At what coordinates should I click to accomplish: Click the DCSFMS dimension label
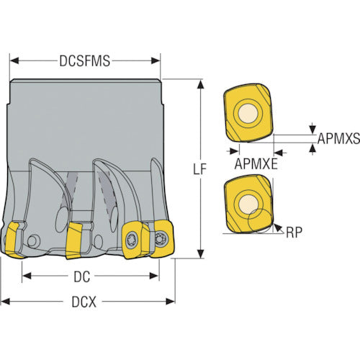tap(85, 61)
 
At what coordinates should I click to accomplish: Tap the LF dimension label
tap(199, 169)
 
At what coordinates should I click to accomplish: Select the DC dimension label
tap(82, 276)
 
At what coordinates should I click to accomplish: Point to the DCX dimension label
tap(84, 302)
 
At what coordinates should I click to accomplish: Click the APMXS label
tap(338, 138)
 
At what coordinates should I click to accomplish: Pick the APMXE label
tap(256, 164)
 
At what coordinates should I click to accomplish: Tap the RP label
tap(294, 232)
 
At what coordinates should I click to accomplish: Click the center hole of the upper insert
tap(248, 113)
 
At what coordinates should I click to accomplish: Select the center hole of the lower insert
tap(248, 204)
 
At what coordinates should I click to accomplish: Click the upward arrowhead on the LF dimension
tap(200, 85)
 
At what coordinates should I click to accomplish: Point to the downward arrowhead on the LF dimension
tap(200, 254)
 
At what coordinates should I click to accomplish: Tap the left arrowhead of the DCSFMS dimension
tap(14, 61)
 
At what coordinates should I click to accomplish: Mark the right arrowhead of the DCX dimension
tap(171, 302)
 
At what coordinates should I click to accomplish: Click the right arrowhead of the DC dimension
tap(154, 276)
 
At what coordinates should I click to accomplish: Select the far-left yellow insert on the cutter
tap(13, 240)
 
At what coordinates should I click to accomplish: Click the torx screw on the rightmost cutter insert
tap(159, 239)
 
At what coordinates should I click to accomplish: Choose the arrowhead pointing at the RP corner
tap(278, 228)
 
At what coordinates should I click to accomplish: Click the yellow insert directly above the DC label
tap(75, 240)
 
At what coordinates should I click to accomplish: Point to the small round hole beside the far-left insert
tap(34, 241)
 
